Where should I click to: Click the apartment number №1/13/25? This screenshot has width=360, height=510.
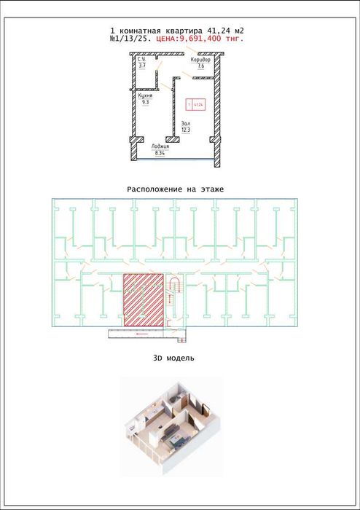pyautogui.click(x=130, y=39)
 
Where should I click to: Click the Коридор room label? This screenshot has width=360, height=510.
pyautogui.click(x=201, y=59)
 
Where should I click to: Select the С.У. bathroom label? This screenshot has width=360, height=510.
pyautogui.click(x=143, y=60)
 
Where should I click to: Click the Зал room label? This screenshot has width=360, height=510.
pyautogui.click(x=186, y=123)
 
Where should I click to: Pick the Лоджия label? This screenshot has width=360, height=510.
pyautogui.click(x=160, y=146)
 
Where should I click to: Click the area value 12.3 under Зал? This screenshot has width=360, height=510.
pyautogui.click(x=186, y=130)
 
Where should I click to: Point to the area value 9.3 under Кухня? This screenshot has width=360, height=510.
pyautogui.click(x=145, y=103)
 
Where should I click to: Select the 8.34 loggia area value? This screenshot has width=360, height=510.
pyautogui.click(x=160, y=153)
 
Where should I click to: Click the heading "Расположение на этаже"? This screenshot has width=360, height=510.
pyautogui.click(x=175, y=189)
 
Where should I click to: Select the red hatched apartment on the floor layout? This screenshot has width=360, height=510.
pyautogui.click(x=141, y=299)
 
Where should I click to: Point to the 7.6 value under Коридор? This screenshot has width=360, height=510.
pyautogui.click(x=200, y=66)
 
